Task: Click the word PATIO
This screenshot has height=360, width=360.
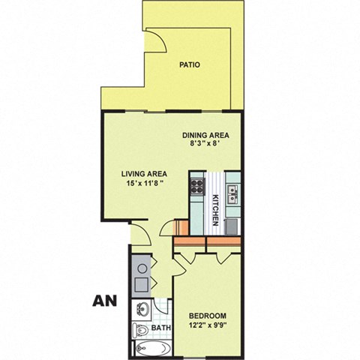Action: pos(190,64)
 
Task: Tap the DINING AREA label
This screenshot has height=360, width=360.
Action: pos(205,136)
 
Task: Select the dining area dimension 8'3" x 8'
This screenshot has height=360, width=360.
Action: pos(205,147)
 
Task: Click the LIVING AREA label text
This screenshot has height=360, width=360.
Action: pos(142,172)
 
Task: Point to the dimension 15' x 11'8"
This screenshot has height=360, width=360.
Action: pos(142,183)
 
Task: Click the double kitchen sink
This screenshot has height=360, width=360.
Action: pos(232,193)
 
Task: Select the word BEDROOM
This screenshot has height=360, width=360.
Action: pos(208,316)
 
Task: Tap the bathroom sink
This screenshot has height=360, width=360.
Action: pos(143,308)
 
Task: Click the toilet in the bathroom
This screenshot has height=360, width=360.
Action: pos(141,330)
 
